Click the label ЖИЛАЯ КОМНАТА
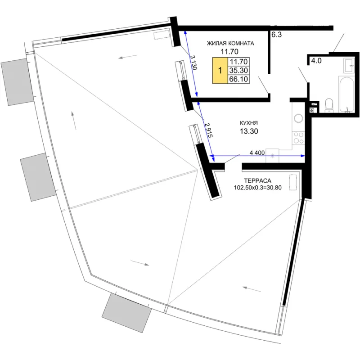pyautogui.click(x=230, y=43)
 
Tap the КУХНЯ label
pyautogui.click(x=249, y=123)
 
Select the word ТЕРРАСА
pyautogui.click(x=257, y=180)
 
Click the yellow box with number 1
pyautogui.click(x=220, y=70)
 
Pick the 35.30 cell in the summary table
pyautogui.click(x=238, y=70)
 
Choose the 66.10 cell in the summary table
pyautogui.click(x=238, y=79)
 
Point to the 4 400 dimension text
pyautogui.click(x=257, y=153)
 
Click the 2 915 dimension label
pyautogui.click(x=209, y=130)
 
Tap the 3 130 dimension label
pyautogui.click(x=193, y=62)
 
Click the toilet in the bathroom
pyautogui.click(x=329, y=105)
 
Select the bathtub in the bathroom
pyautogui.click(x=346, y=94)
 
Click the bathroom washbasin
pyautogui.click(x=349, y=65)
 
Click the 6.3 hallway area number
pyautogui.click(x=276, y=35)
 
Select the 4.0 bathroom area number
pyautogui.click(x=316, y=61)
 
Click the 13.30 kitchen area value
pyautogui.click(x=249, y=131)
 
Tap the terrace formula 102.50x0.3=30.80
pyautogui.click(x=257, y=188)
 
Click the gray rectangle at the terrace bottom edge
pyautogui.click(x=126, y=313)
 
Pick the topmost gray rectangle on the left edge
pyautogui.click(x=18, y=82)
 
